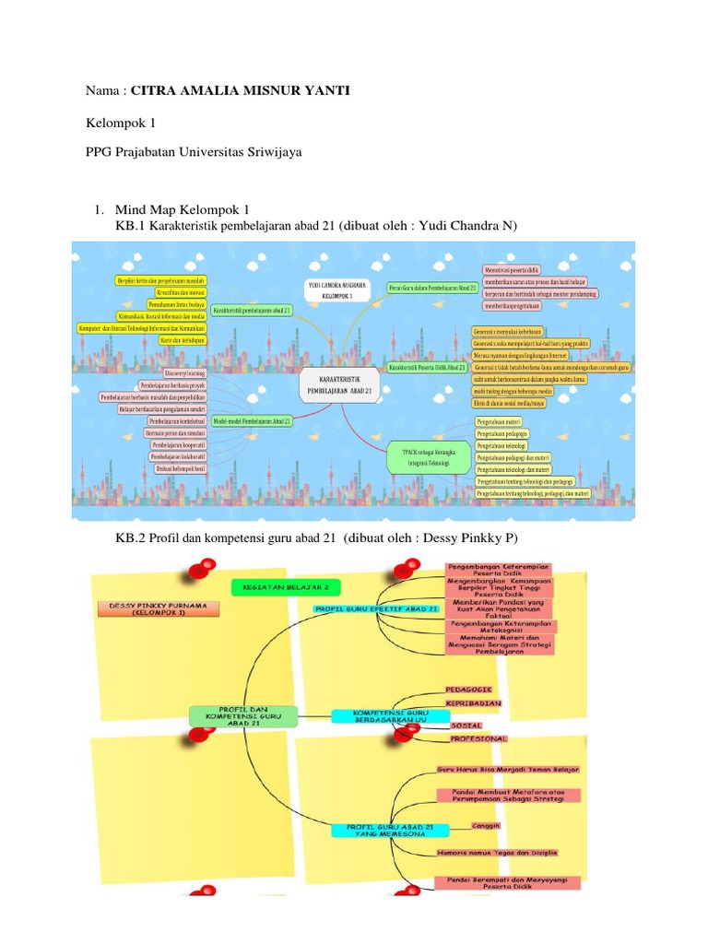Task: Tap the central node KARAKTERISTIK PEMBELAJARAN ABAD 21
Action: coord(340,384)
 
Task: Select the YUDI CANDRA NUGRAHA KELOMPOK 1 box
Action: coord(336,290)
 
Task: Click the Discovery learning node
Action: coord(183,372)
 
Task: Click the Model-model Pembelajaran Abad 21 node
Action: coord(253,420)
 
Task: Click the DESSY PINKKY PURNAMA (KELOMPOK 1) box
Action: coord(152,608)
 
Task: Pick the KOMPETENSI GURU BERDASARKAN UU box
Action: coord(377,716)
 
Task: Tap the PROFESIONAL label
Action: coord(478,738)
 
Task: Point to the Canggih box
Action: coord(485,825)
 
